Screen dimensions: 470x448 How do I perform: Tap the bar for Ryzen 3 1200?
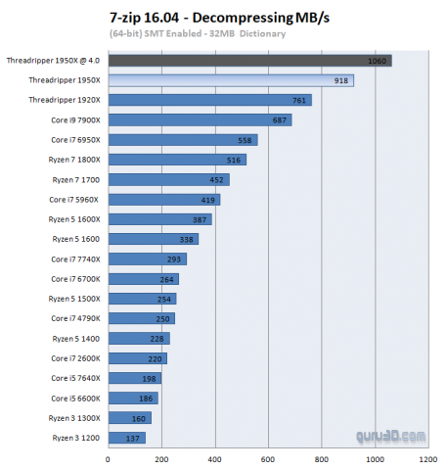[126, 438]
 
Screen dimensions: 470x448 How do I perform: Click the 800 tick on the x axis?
[320, 457]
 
